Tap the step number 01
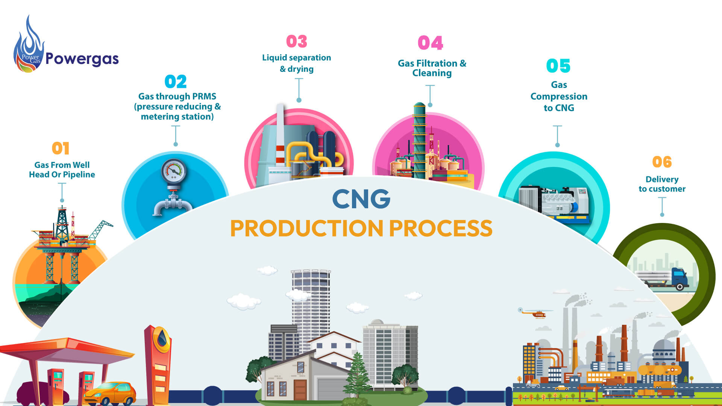coord(61,148)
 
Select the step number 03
coord(297,42)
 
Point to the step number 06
coord(662,162)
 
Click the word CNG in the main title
coord(361,199)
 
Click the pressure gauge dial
coord(173,171)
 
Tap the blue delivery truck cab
coord(679,278)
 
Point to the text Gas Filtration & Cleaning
coord(432,68)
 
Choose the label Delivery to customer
coord(662,184)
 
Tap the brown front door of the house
coord(300,390)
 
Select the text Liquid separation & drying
coord(297,63)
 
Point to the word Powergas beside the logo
coord(82,59)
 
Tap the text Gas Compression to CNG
coord(559,96)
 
